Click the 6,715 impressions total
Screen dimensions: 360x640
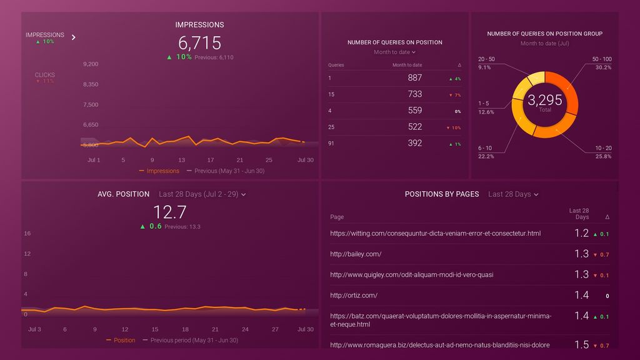pos(199,42)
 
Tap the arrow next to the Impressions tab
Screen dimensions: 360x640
pos(74,37)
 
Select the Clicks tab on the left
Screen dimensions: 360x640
pos(44,75)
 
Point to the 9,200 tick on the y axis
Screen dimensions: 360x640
pos(91,64)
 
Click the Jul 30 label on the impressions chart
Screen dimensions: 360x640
pos(306,160)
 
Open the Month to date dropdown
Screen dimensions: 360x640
pos(394,52)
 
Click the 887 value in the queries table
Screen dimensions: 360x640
pos(414,77)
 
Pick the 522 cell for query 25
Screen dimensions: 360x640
pos(414,126)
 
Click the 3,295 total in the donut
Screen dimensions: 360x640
pos(544,100)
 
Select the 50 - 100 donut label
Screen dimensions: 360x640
pos(602,59)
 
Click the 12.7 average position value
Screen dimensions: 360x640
pos(169,212)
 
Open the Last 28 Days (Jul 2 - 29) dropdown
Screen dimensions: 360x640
pos(202,194)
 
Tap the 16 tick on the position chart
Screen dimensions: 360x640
pos(27,233)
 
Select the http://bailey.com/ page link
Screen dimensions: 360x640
pos(356,254)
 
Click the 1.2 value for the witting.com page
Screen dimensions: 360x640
pos(581,233)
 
